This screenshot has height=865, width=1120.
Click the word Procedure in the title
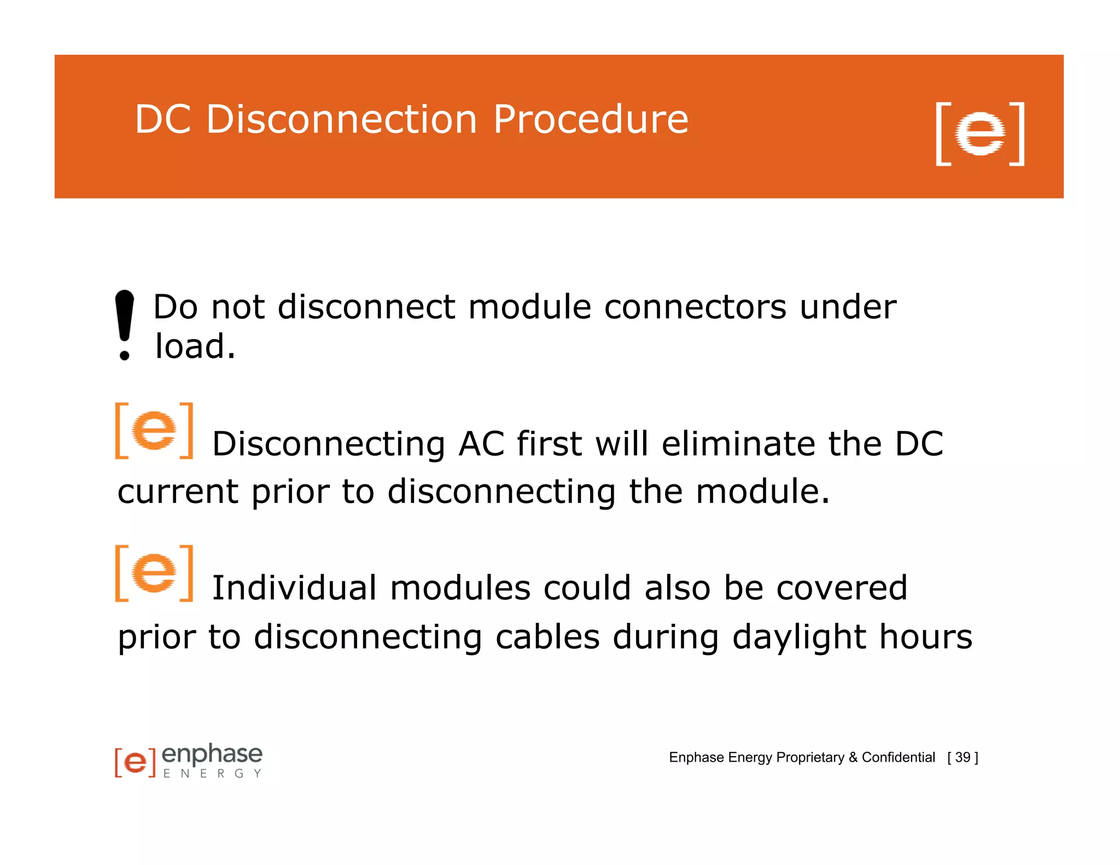[x=590, y=120]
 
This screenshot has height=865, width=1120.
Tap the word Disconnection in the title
[x=342, y=119]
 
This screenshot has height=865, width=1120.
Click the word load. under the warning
[x=195, y=347]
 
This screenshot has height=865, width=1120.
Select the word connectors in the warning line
[x=695, y=307]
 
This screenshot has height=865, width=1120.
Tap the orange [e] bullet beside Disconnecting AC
[x=154, y=431]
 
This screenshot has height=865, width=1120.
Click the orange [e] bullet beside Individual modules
[x=154, y=574]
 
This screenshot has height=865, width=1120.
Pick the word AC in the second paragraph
[x=481, y=443]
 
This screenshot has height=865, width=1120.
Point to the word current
[x=177, y=492]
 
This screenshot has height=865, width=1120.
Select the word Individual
[x=294, y=588]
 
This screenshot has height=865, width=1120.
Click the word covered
[x=842, y=588]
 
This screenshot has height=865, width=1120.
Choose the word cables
[x=547, y=638]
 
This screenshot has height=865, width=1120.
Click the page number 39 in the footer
[x=962, y=757]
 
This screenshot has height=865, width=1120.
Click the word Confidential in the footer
[x=898, y=757]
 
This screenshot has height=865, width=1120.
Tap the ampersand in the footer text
[x=853, y=757]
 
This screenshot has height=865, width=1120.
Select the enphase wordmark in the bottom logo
[x=212, y=754]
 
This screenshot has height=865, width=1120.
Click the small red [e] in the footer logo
[x=135, y=762]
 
